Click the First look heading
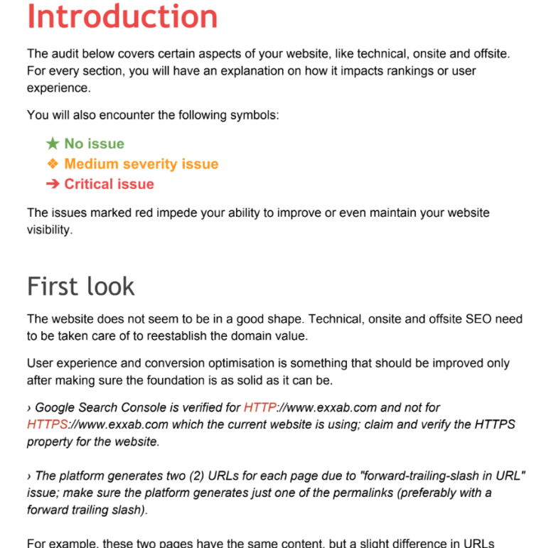[81, 286]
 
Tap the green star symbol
[53, 144]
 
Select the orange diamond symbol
[53, 164]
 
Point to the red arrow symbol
[53, 184]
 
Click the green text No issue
[94, 144]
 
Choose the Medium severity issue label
[141, 164]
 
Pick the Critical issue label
[109, 184]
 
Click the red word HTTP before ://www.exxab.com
[259, 408]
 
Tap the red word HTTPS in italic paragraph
[48, 424]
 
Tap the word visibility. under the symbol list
[50, 230]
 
